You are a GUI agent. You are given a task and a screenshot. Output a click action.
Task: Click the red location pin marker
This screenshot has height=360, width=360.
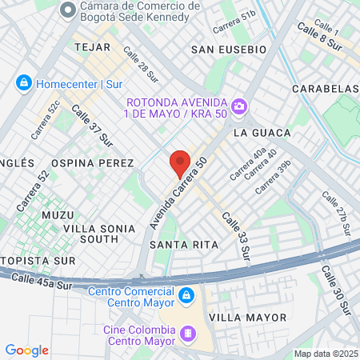coord(180,163)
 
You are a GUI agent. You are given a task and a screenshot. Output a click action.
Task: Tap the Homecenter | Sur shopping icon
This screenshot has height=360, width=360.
coord(24,82)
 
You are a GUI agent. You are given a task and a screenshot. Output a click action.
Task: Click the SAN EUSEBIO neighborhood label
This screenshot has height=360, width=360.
coord(229,50)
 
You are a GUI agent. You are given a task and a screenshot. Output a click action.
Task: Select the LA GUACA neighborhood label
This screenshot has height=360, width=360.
coord(258,130)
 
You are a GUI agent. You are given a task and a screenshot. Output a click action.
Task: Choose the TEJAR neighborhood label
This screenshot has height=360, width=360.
coord(90,47)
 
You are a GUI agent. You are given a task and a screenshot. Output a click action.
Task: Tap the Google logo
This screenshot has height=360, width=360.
coord(26,350)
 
